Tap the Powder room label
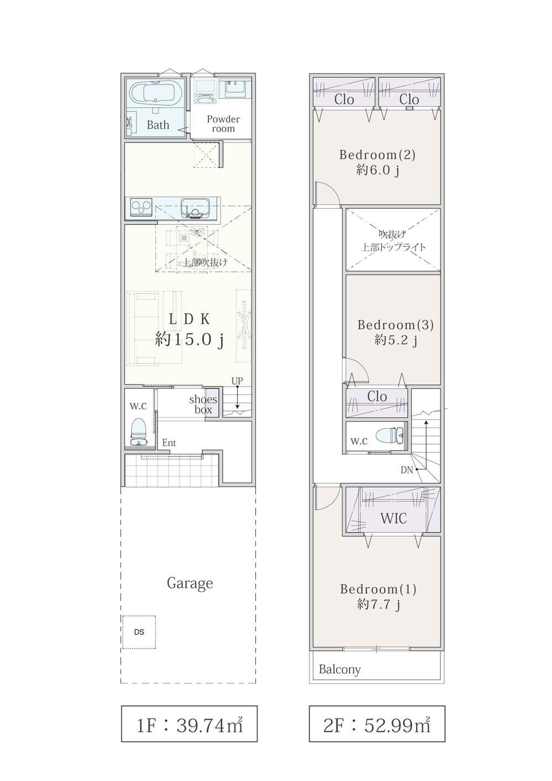tap(223, 124)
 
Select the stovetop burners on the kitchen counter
tap(141, 208)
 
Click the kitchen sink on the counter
tap(195, 208)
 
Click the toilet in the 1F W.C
tap(139, 431)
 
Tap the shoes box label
tap(203, 404)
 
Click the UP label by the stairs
tap(237, 381)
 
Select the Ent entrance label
tap(169, 443)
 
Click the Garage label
tap(190, 583)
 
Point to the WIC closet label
tap(393, 519)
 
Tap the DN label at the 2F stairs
tap(407, 470)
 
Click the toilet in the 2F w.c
tap(391, 435)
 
